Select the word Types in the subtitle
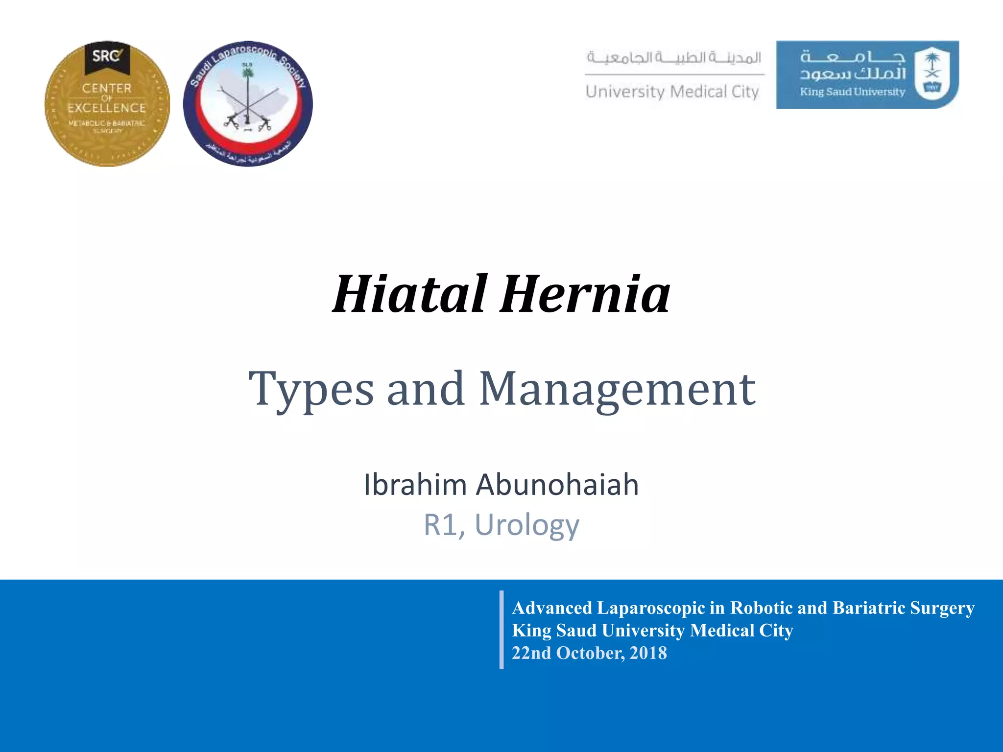click(311, 389)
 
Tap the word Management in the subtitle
click(617, 389)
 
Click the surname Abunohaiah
click(557, 485)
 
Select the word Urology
click(527, 525)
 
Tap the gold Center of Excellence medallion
click(107, 104)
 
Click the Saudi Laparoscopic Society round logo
click(248, 104)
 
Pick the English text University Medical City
click(672, 92)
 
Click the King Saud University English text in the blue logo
click(853, 92)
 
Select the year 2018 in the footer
click(648, 653)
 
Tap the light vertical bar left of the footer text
click(501, 630)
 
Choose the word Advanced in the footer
click(552, 608)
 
